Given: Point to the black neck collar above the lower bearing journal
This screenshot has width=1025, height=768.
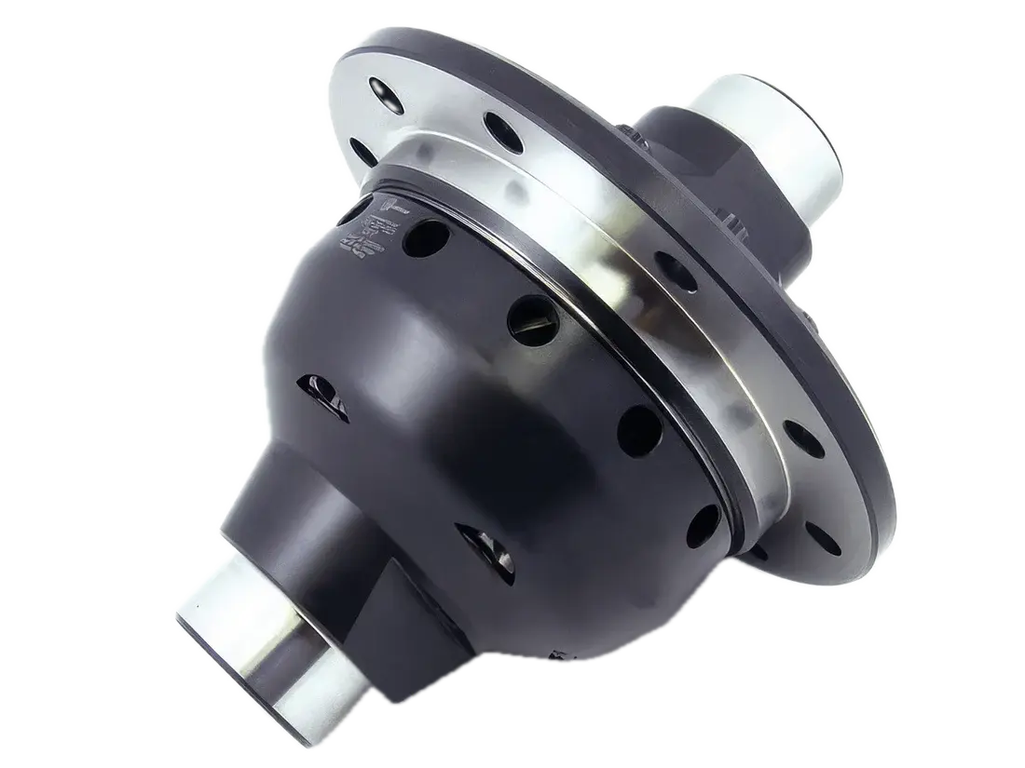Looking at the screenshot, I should click(x=307, y=521).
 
